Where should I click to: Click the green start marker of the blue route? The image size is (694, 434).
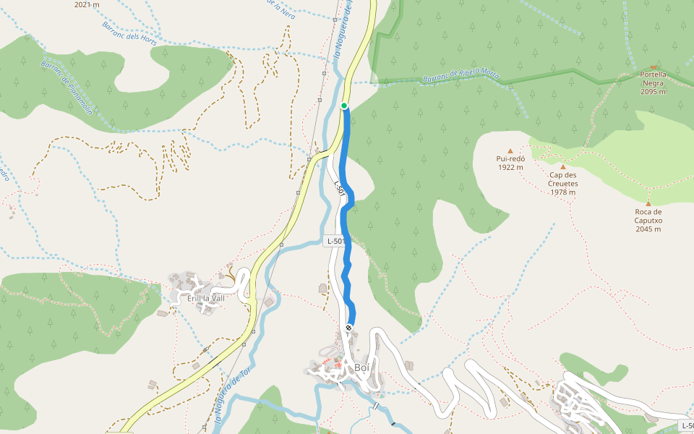click(x=344, y=106)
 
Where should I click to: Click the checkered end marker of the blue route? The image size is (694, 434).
click(x=349, y=328)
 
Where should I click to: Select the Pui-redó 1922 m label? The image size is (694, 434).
click(x=510, y=163)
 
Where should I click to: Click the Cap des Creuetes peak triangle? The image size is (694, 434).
click(x=563, y=166)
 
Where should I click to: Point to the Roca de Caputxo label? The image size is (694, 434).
click(x=648, y=216)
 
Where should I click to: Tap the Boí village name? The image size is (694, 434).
click(x=362, y=367)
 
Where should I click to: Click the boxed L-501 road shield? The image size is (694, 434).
click(x=335, y=241)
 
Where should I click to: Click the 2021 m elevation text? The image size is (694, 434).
click(x=88, y=4)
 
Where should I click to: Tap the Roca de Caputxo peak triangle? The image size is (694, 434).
click(x=648, y=203)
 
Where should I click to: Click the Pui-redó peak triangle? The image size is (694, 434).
click(x=510, y=151)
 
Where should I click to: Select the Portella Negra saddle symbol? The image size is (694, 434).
click(x=654, y=67)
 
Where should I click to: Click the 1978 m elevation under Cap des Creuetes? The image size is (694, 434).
click(x=562, y=192)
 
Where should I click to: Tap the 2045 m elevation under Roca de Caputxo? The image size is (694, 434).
click(x=648, y=229)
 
